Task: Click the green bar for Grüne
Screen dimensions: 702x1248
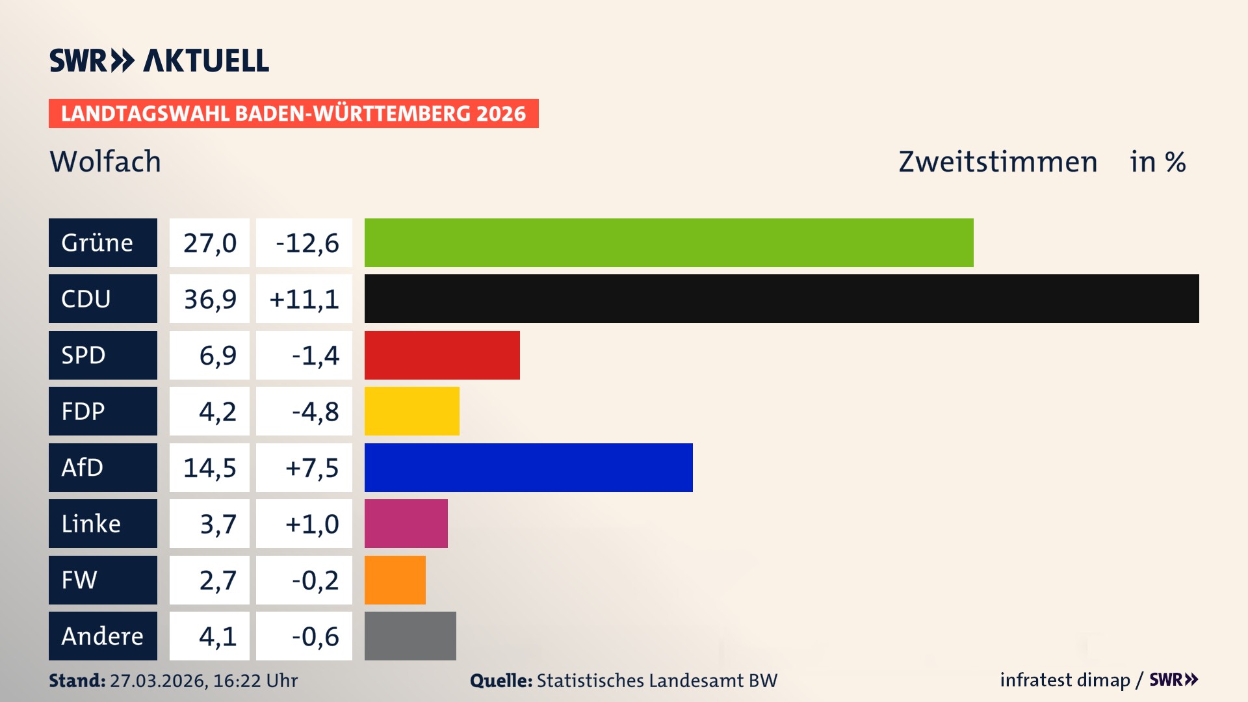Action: click(x=669, y=242)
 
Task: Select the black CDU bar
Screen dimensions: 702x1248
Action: click(x=781, y=298)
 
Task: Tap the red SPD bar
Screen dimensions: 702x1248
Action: click(x=442, y=355)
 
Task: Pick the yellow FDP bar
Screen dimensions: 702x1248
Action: click(x=411, y=411)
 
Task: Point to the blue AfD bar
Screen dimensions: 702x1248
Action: click(x=528, y=467)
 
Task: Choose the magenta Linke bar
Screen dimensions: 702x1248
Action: click(x=406, y=523)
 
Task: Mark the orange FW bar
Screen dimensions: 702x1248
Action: click(x=395, y=580)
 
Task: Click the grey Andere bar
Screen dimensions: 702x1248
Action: click(x=410, y=636)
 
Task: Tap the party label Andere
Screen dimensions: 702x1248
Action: click(x=103, y=636)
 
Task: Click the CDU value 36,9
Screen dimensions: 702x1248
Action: click(x=209, y=299)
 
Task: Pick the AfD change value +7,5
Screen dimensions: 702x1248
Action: click(x=311, y=468)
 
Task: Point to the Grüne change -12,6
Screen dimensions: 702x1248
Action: click(x=307, y=243)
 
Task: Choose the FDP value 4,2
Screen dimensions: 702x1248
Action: click(x=217, y=411)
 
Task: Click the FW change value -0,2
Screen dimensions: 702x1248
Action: click(x=315, y=580)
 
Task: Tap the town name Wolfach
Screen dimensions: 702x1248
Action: click(x=105, y=161)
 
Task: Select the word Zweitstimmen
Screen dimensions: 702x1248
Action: click(x=998, y=161)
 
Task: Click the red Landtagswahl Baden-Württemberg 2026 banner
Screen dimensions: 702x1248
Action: click(x=293, y=113)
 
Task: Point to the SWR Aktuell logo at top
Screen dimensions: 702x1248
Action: click(x=159, y=60)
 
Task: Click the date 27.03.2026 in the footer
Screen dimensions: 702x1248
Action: click(x=158, y=681)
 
